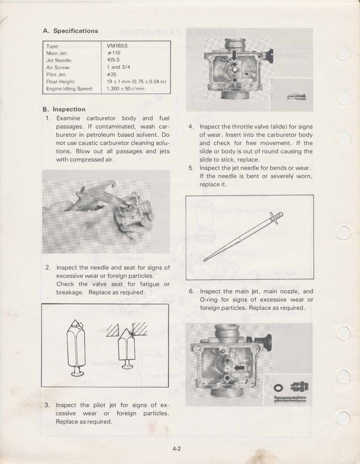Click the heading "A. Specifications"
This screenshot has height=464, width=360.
70,31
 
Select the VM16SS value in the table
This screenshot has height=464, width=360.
117,45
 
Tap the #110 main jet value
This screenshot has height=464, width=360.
115,53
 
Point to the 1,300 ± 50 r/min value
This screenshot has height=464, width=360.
125,89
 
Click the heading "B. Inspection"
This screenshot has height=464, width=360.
64,109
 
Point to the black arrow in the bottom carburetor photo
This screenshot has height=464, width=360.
239,367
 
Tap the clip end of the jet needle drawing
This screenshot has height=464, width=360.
279,216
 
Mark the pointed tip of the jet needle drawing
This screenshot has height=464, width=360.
204,260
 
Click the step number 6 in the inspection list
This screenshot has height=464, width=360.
192,292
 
